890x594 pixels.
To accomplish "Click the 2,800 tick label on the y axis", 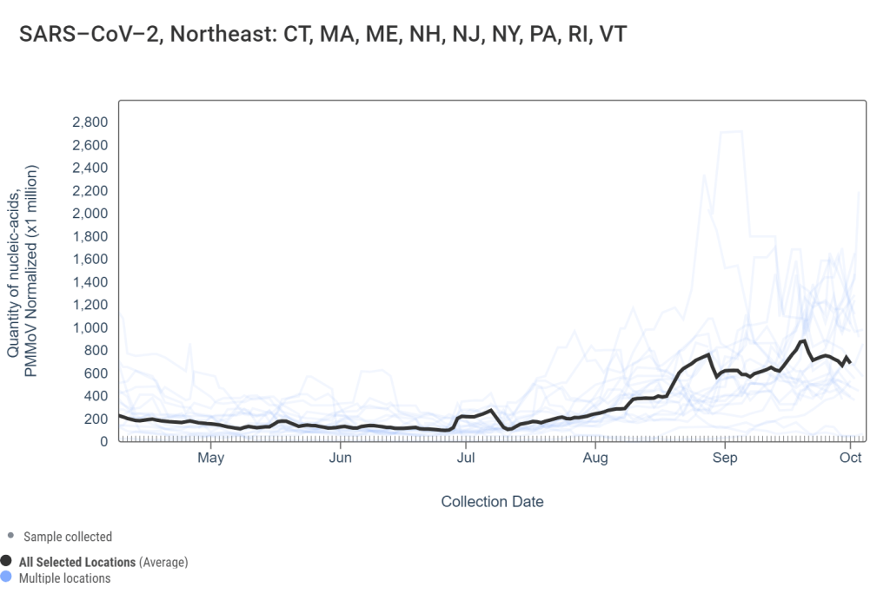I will click(x=90, y=122).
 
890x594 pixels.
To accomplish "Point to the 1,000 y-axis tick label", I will click(x=90, y=327).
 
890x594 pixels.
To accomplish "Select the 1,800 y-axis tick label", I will click(x=90, y=236).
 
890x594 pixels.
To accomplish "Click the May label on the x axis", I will click(x=211, y=458).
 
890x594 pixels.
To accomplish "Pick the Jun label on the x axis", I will click(x=341, y=458).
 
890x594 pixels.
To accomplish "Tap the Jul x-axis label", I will click(x=466, y=458).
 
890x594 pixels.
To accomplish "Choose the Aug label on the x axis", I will click(x=595, y=458).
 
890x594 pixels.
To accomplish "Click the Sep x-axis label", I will click(x=724, y=458).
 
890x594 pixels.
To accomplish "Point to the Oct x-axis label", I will click(x=851, y=458).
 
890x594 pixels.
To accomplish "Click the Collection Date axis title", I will click(x=492, y=501).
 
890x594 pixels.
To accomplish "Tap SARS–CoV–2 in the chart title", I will click(x=77, y=36).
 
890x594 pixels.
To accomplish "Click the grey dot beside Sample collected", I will click(x=10, y=536).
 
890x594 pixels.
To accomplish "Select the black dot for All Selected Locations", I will click(x=7, y=562).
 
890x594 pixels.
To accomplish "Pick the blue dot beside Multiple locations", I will click(x=7, y=577).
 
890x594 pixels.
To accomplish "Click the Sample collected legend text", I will click(x=68, y=537).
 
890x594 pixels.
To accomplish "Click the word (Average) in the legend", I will click(x=163, y=563).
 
